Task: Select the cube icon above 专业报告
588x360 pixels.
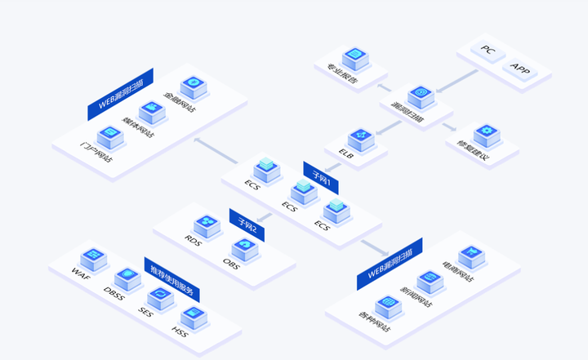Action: (x=354, y=57)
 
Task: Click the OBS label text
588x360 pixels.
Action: (x=231, y=261)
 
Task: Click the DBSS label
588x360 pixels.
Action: (x=114, y=292)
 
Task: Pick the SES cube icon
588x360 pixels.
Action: (x=160, y=296)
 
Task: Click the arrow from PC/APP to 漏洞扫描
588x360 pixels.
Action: (x=457, y=81)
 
